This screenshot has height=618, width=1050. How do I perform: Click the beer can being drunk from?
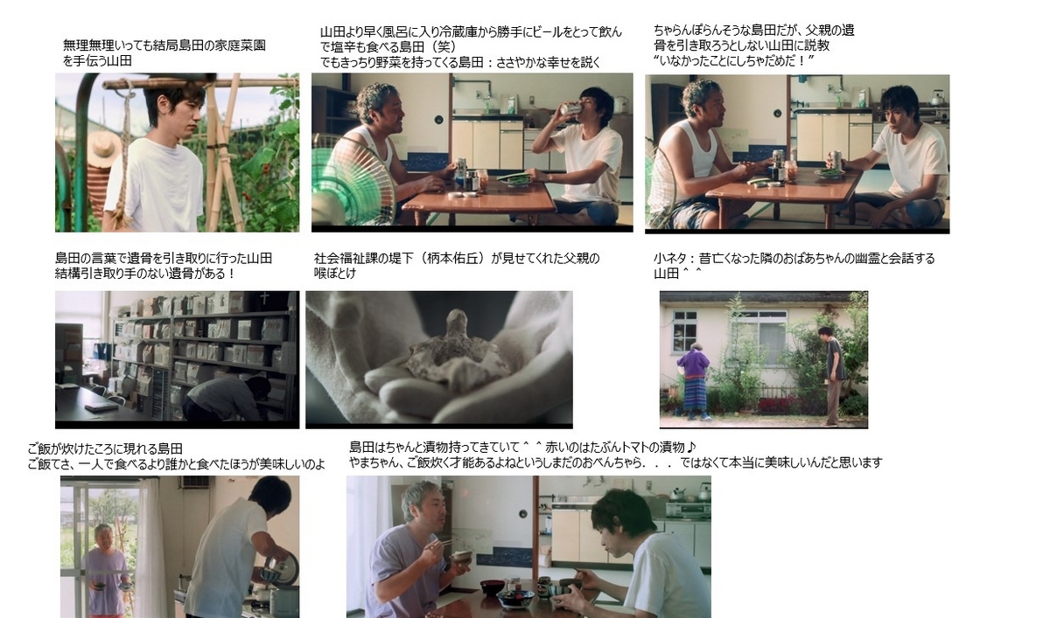point(571,109)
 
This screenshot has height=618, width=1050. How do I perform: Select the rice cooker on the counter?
point(280,591)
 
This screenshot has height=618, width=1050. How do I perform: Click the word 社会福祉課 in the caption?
point(345,259)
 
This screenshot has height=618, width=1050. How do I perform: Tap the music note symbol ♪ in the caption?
point(692,448)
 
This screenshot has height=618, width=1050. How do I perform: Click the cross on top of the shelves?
point(264,298)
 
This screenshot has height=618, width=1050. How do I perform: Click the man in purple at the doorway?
point(107,570)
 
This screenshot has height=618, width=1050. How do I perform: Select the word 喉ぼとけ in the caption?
point(334,274)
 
